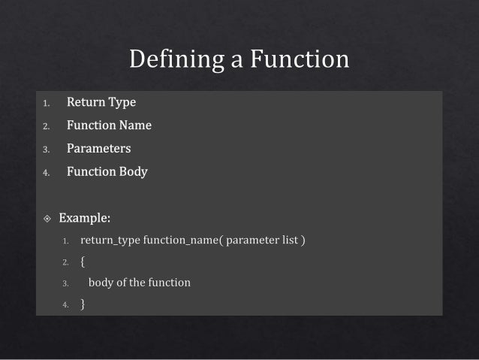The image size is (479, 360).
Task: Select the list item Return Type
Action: point(101,101)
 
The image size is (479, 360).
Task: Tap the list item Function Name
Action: point(109,125)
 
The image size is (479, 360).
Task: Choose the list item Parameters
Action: point(98,148)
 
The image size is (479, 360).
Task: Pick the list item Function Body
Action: point(107,171)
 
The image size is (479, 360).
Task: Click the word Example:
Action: point(85,219)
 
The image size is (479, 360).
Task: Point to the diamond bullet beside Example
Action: point(47,219)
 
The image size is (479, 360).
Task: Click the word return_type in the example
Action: point(110,241)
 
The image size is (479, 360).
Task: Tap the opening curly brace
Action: point(83,262)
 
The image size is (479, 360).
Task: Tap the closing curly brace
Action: point(83,304)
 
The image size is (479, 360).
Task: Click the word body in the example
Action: point(101,283)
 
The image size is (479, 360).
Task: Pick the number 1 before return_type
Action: point(65,242)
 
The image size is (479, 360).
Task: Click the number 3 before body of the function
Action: point(65,284)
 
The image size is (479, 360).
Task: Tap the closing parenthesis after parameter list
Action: point(303,241)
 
